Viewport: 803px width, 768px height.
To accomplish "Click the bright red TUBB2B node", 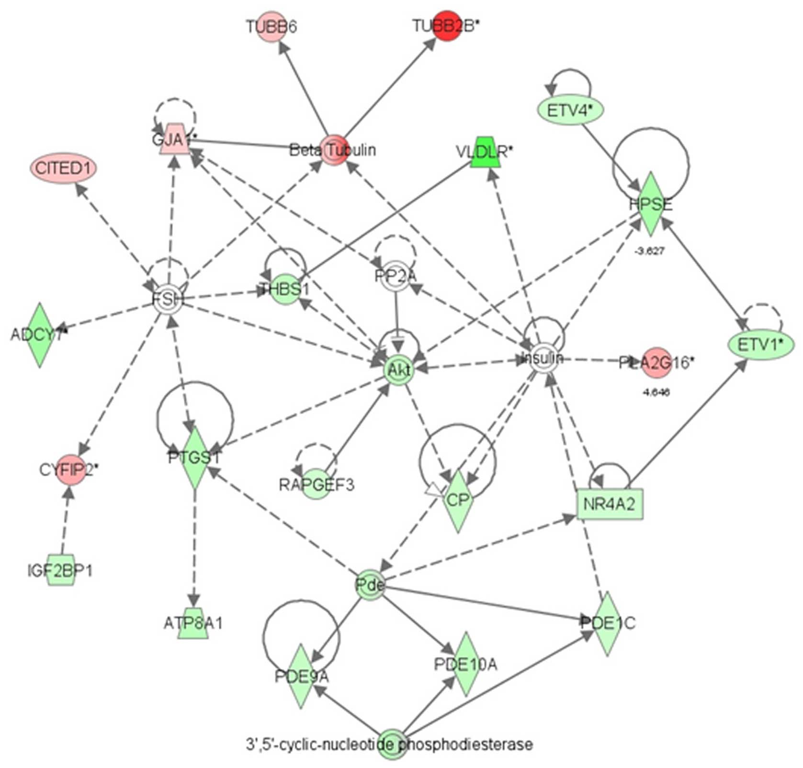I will [446, 26].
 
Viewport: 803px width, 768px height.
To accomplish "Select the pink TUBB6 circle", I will [272, 27].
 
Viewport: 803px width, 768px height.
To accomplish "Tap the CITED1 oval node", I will [63, 169].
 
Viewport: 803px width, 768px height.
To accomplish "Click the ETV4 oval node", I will [569, 110].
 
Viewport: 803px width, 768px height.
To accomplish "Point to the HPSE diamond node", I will [651, 204].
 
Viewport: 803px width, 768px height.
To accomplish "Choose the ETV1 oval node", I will [760, 344].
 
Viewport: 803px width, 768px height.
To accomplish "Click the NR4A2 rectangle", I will [610, 504].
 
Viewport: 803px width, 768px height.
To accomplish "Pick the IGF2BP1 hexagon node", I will [60, 570].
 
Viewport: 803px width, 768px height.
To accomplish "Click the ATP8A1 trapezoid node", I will [193, 623].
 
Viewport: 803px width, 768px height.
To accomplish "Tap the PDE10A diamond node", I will [465, 664].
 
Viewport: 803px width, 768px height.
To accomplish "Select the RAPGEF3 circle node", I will [317, 485].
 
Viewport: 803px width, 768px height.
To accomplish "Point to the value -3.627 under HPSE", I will [649, 250].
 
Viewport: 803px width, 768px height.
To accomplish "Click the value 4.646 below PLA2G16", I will [656, 393].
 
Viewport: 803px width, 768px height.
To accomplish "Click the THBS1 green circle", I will [285, 289].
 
